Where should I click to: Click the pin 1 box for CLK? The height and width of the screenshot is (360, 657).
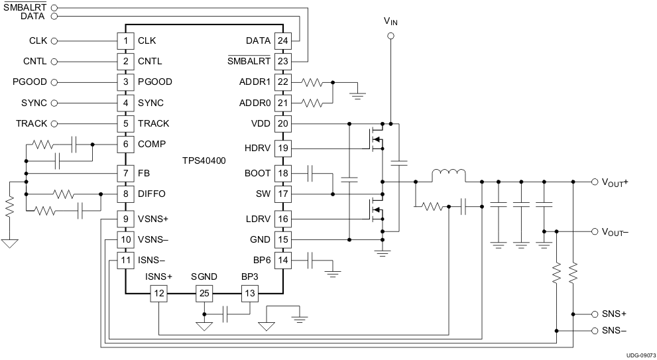125,40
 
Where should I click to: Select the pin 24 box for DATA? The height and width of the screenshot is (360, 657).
283,40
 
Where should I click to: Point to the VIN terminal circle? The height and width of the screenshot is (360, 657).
391,36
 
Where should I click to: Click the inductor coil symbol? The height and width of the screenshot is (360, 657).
448,176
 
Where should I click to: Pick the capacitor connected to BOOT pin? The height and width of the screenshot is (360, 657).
311,174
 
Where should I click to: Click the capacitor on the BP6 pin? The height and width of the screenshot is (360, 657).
311,261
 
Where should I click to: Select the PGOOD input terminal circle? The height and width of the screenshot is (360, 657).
54,82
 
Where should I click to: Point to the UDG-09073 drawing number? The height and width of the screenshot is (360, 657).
639,355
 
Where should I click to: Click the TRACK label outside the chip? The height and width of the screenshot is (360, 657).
31,123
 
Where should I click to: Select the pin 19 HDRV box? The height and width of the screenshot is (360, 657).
283,148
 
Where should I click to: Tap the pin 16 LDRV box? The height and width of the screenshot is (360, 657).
283,219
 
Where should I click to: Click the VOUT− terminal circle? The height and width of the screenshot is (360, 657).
594,231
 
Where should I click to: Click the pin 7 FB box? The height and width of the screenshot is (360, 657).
125,173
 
